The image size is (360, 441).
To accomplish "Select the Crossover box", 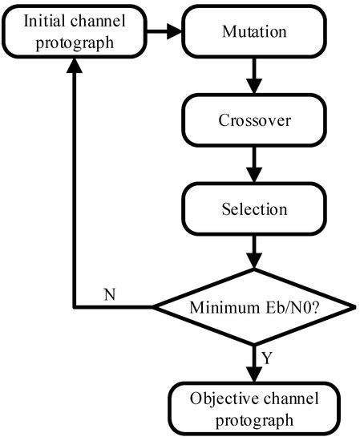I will click(x=253, y=123).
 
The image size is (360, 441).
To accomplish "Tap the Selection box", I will click(x=253, y=210).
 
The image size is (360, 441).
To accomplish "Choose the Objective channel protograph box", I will click(x=253, y=408).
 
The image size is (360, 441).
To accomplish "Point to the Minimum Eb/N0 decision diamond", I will click(x=253, y=307).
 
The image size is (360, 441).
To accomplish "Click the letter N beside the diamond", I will click(x=109, y=293).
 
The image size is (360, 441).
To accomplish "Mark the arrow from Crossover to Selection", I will click(x=253, y=167).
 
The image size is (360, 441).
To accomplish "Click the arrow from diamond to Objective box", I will click(x=253, y=358).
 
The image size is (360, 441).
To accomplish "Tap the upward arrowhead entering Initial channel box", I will click(x=75, y=72).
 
